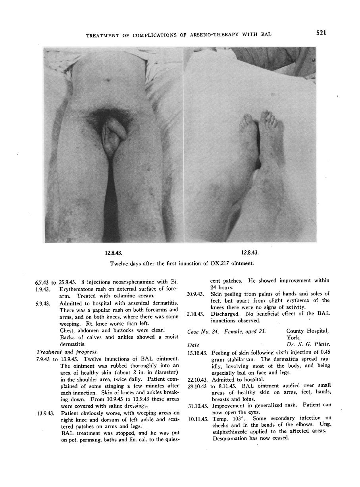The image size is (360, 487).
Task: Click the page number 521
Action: pyautogui.click(x=321, y=33)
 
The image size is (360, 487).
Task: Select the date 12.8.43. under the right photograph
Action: pyautogui.click(x=250, y=252)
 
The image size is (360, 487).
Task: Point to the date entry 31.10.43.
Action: pyautogui.click(x=197, y=406)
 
